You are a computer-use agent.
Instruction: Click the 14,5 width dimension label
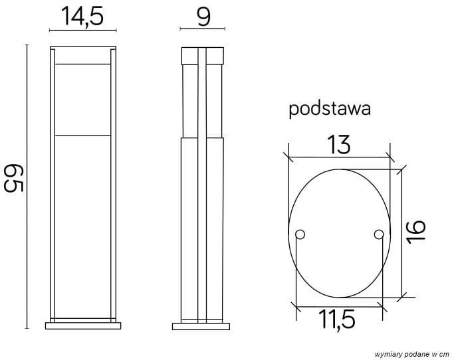(82, 16)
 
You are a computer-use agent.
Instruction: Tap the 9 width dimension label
(203, 16)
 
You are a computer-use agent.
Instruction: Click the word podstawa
(329, 110)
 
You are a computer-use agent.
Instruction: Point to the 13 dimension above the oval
(339, 143)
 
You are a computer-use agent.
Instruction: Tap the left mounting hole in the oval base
(300, 234)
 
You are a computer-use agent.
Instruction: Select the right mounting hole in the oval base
(378, 234)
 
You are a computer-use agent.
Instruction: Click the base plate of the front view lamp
(82, 326)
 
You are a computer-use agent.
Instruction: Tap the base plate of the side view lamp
(202, 326)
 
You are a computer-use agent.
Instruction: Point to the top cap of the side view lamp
(203, 54)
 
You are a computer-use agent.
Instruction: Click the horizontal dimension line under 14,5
(82, 30)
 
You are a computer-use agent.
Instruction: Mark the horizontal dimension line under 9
(203, 29)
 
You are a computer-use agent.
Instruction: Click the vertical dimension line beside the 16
(401, 232)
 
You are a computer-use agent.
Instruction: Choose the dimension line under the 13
(339, 158)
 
